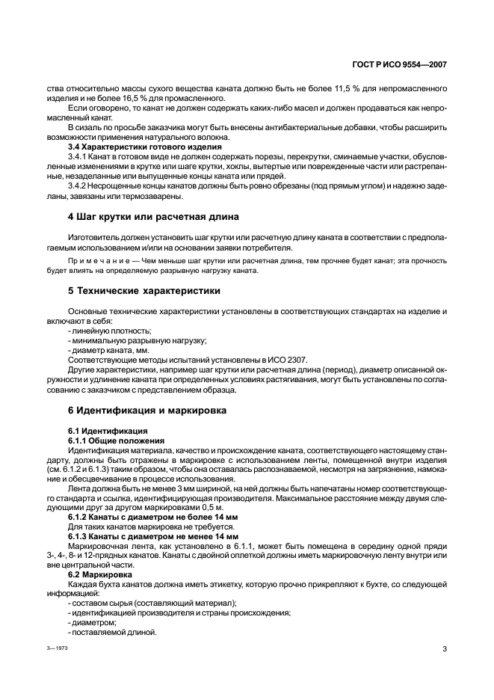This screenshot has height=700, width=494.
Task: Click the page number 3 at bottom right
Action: point(444,648)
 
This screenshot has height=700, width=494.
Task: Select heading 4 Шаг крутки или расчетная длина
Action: point(153,217)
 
